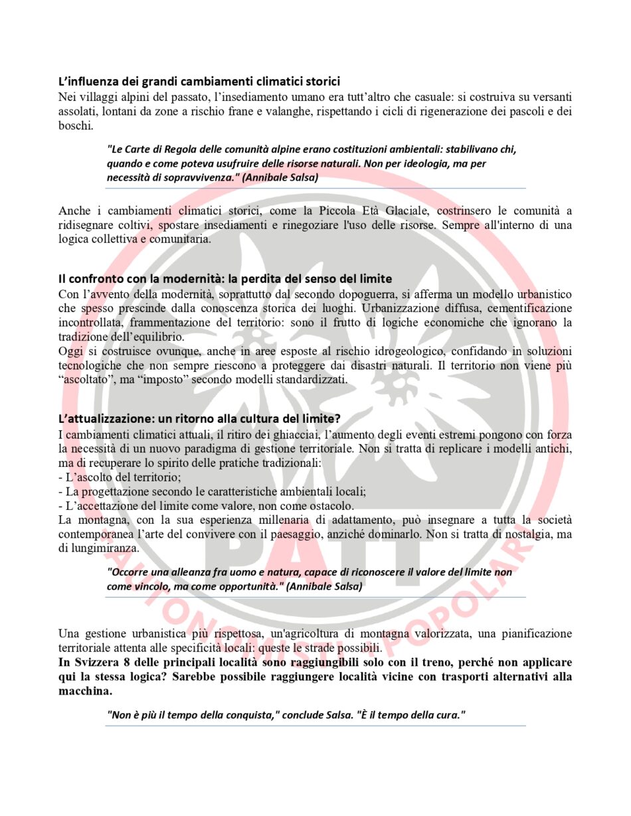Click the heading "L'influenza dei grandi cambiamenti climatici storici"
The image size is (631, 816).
(199, 82)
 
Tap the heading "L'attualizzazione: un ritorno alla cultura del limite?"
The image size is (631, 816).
(199, 419)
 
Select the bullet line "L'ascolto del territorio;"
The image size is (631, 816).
(120, 477)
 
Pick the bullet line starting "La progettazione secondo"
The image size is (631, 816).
(212, 491)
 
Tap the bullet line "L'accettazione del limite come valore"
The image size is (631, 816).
(206, 506)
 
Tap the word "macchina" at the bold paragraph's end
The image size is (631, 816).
(83, 691)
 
